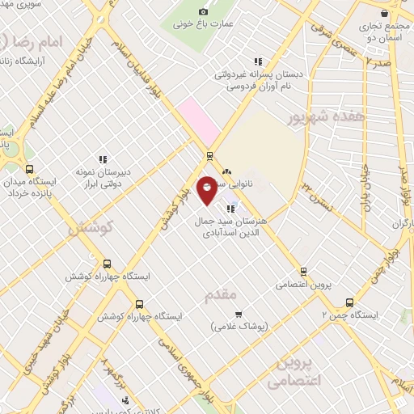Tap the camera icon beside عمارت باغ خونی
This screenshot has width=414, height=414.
203,11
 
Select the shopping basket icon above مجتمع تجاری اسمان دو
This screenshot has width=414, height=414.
382,14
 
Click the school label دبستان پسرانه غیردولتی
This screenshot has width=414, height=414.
258,74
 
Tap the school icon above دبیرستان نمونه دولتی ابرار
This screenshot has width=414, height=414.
103,160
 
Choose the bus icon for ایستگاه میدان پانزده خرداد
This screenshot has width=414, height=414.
30,169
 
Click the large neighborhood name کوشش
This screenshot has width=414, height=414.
90,228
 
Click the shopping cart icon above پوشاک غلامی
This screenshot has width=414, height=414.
238,314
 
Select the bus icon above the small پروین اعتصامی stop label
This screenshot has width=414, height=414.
303,272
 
